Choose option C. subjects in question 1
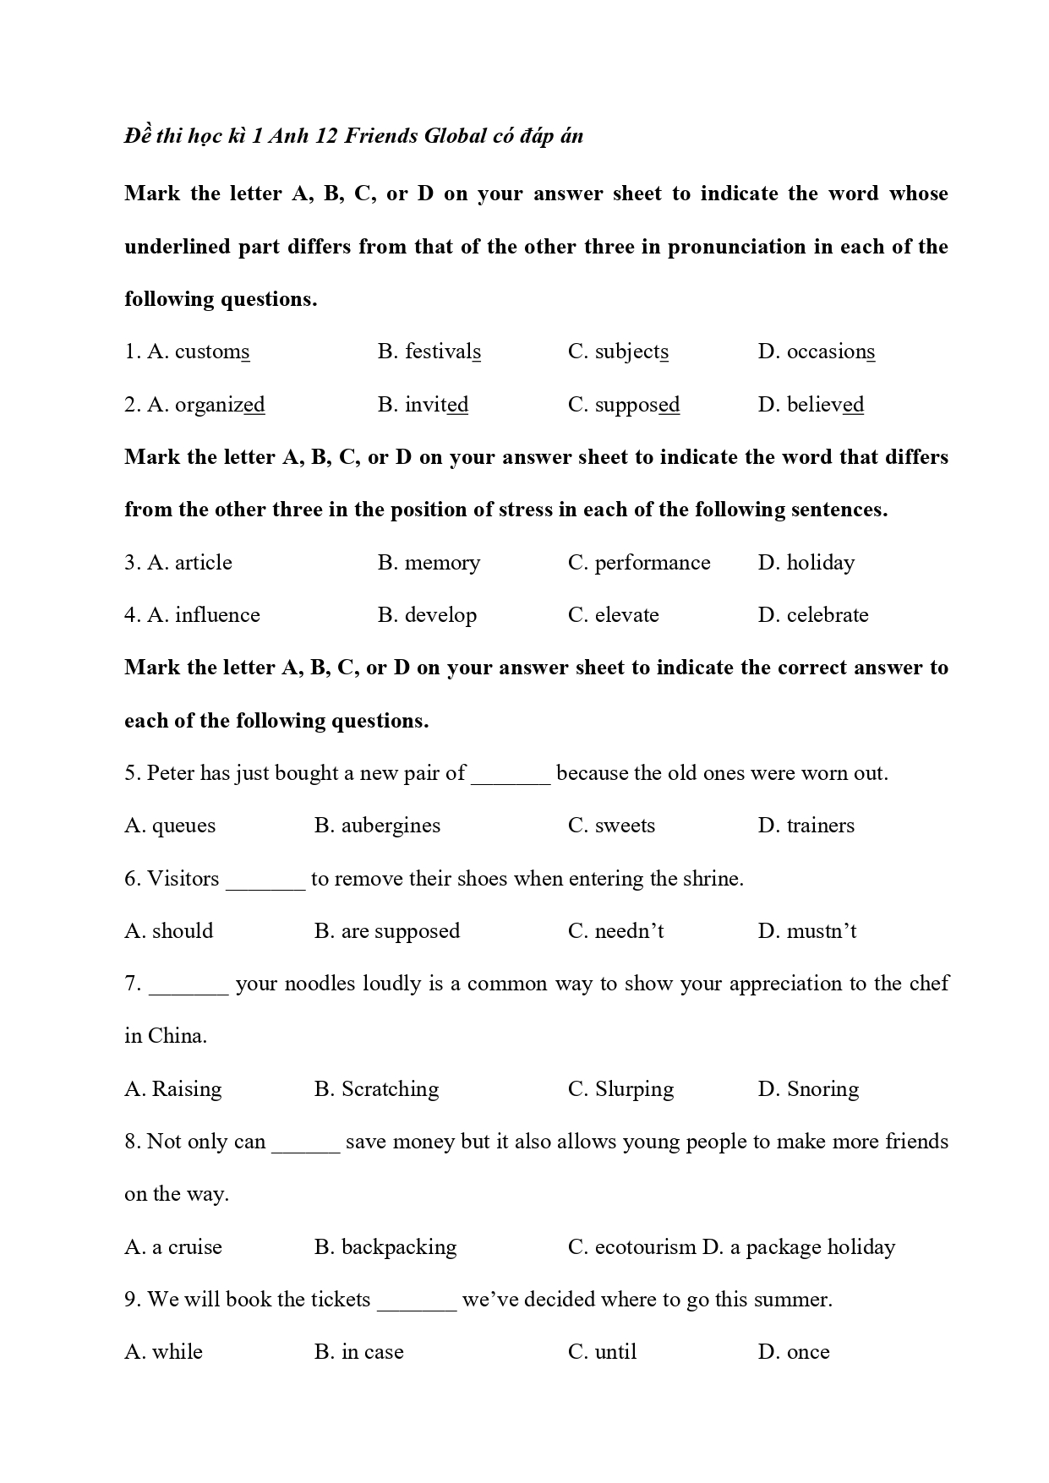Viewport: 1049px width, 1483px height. click(x=618, y=352)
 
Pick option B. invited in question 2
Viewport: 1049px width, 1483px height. click(x=423, y=405)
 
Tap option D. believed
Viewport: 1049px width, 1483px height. click(x=811, y=405)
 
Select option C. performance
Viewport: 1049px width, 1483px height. click(x=639, y=563)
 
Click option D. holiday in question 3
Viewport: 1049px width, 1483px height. click(x=806, y=563)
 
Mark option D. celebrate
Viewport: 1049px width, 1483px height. click(x=813, y=615)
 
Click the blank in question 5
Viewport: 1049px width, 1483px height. click(x=511, y=775)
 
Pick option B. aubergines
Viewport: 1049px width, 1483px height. click(x=377, y=826)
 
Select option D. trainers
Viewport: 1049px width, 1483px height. click(x=806, y=826)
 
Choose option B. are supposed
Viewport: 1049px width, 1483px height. click(x=387, y=931)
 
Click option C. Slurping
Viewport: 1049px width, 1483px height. click(x=621, y=1089)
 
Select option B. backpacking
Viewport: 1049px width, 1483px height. click(x=385, y=1247)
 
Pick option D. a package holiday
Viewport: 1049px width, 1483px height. click(x=799, y=1247)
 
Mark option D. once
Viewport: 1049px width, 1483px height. click(x=794, y=1352)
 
